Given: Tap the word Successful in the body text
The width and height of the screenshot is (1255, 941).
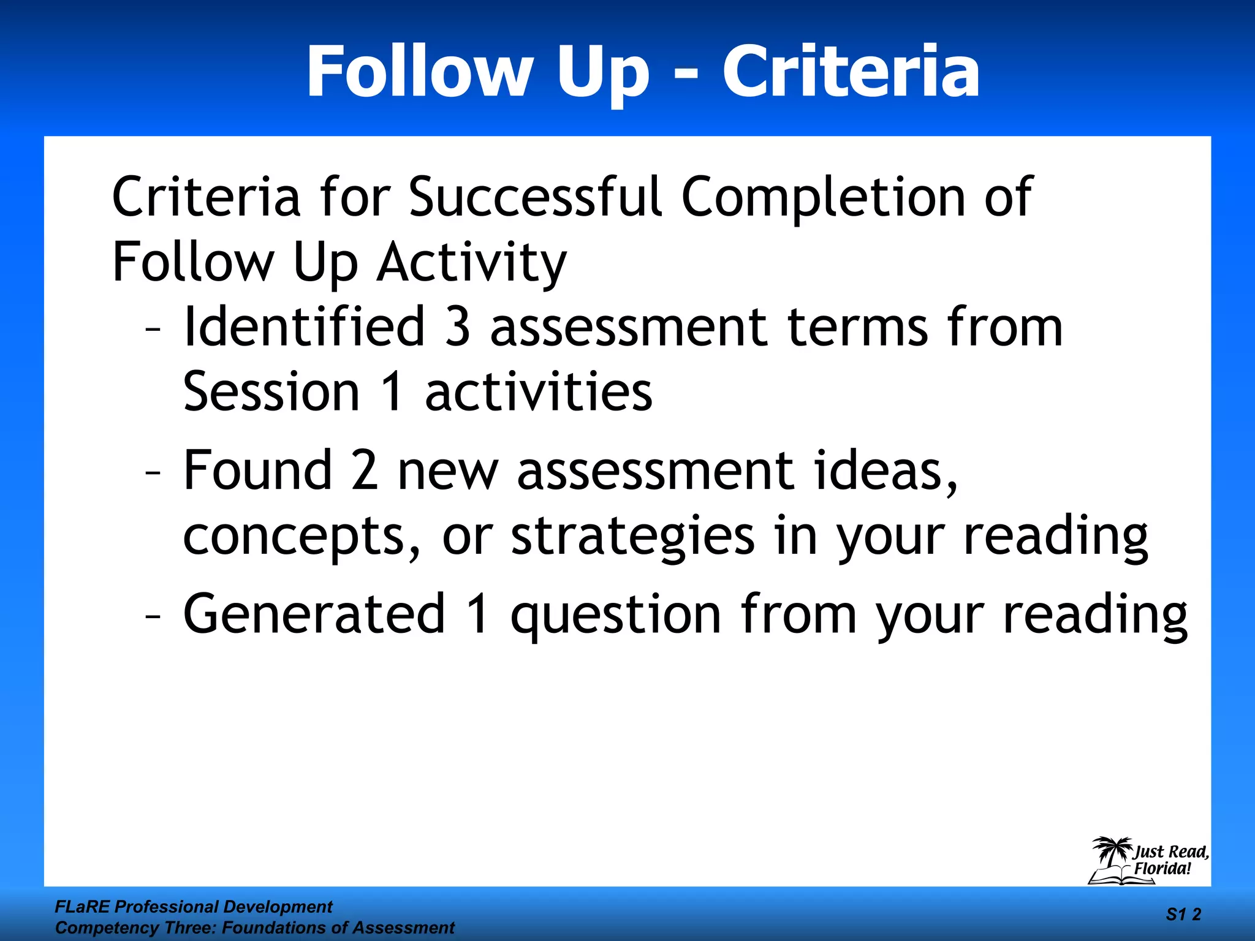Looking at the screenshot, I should (535, 197).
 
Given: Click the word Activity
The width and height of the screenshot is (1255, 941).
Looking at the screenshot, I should (471, 263).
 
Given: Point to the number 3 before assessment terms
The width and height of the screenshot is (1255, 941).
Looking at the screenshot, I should (457, 327).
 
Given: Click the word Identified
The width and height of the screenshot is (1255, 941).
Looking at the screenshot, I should (305, 327).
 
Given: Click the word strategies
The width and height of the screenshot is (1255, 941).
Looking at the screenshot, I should (632, 536).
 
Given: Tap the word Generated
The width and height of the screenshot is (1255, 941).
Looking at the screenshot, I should (314, 614).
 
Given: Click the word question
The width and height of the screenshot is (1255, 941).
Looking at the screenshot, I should (615, 615).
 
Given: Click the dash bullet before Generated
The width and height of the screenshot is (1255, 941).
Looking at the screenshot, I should (153, 615).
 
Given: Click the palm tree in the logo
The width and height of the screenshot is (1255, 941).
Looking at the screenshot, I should (1112, 853).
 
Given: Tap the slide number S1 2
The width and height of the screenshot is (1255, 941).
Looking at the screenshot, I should (1183, 915).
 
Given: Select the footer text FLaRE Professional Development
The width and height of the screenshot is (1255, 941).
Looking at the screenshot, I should (194, 907).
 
